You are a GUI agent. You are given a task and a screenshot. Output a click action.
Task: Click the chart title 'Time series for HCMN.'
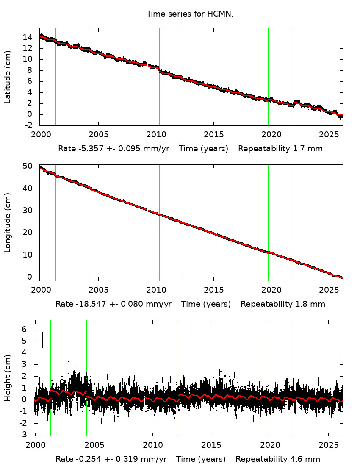coord(190,14)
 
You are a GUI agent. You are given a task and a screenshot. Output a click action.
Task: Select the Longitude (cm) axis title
coord(8,222)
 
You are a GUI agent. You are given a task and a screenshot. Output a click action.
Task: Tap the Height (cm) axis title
coord(8,378)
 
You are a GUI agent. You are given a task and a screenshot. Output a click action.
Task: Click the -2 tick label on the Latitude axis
coord(28,125)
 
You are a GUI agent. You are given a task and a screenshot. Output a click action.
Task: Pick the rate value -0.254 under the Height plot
coord(88,459)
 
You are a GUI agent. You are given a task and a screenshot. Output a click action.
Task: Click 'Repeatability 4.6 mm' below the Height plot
coord(278,459)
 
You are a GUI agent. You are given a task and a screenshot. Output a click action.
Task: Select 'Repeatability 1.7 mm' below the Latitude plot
coord(280,149)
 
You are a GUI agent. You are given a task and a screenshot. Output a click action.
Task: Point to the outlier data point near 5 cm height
coord(42,339)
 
